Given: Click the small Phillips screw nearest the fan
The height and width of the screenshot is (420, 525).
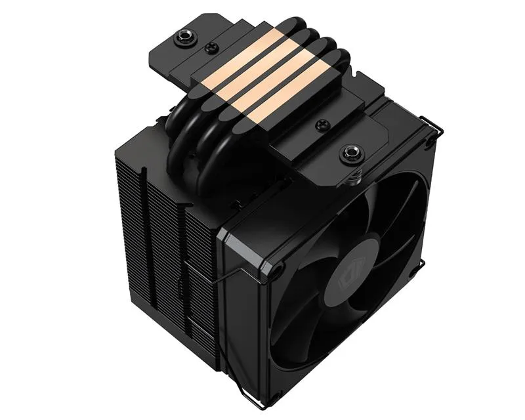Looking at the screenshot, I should click(322, 125).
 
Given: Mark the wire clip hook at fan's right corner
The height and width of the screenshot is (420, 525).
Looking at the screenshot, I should click(421, 262).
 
